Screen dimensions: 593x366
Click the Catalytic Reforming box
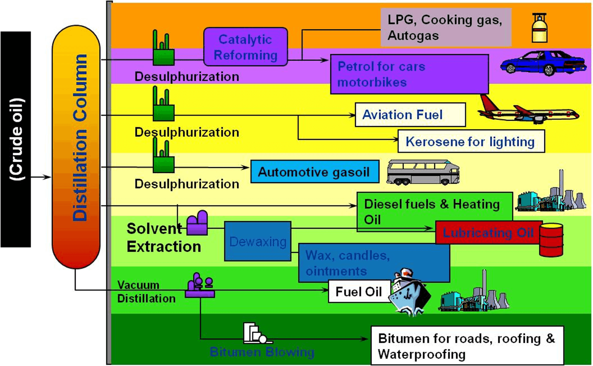245,47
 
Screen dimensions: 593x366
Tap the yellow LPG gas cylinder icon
539,28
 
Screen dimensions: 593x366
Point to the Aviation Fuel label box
410,115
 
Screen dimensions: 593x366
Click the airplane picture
529,110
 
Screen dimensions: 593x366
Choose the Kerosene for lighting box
471,141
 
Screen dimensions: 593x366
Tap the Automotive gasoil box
315,172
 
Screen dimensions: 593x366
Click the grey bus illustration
423,172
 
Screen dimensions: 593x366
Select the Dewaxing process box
257,242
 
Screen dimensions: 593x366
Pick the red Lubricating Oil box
489,232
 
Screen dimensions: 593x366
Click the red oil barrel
551,240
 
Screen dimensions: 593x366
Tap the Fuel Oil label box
359,292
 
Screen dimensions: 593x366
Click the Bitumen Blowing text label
262,352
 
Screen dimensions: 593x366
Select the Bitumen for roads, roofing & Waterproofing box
467,345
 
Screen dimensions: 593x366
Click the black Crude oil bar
16,139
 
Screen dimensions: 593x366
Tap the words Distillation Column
80,138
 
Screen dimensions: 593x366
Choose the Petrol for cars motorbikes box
410,74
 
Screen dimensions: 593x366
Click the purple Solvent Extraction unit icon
197,223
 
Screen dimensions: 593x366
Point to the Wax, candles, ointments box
374,263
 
